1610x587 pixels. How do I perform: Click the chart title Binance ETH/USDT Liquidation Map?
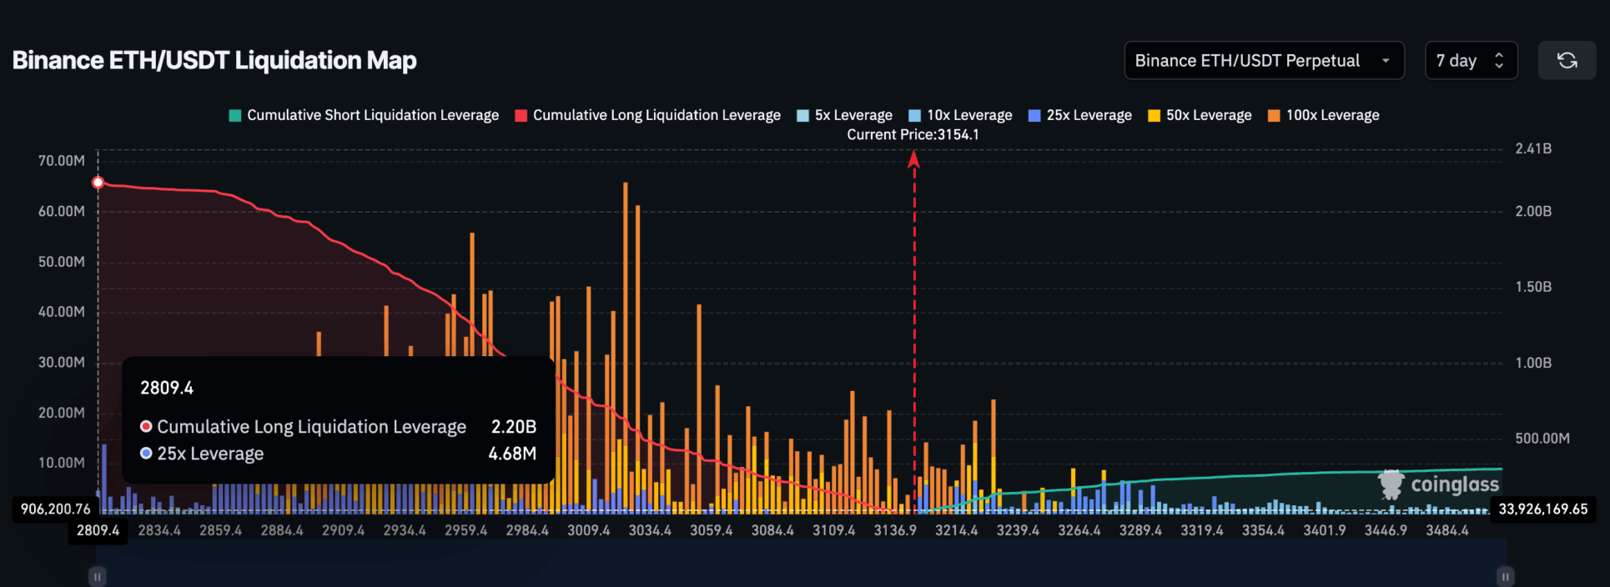pos(214,61)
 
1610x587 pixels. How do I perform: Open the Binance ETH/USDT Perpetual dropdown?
pos(1263,61)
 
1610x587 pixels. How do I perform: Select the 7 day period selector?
pos(1470,61)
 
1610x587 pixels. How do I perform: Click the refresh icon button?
pos(1567,61)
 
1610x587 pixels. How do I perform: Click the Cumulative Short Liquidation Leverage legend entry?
pos(364,115)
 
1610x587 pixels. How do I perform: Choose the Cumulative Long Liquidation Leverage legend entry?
pos(648,115)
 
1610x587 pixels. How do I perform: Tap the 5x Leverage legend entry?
pos(845,115)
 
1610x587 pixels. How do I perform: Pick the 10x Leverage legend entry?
pos(960,115)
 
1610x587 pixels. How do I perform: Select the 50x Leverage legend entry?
pos(1200,115)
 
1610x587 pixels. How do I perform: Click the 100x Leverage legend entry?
pos(1323,115)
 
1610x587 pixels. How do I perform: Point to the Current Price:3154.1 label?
pos(913,134)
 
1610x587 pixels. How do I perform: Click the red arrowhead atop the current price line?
pos(913,158)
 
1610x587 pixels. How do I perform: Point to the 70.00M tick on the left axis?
pos(62,161)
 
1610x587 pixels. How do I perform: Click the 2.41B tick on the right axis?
pos(1533,149)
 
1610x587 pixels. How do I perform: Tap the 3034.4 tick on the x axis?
pos(650,530)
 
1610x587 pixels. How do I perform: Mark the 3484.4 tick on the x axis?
pos(1447,530)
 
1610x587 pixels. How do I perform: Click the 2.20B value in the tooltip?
pos(513,427)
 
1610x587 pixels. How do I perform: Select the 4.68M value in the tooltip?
pos(512,454)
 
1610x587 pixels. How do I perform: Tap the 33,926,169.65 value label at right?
pos(1543,509)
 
